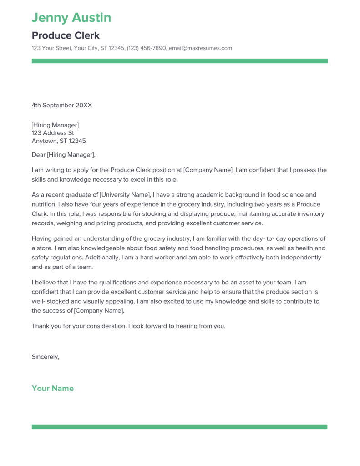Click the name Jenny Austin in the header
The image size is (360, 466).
click(x=71, y=18)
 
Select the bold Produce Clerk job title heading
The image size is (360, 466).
click(x=66, y=35)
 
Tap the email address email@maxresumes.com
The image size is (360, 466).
click(x=200, y=48)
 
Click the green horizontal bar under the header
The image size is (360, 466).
click(x=179, y=61)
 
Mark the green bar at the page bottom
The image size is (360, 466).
click(x=179, y=427)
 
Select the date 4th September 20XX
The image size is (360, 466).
click(x=61, y=105)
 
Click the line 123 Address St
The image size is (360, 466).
click(x=52, y=133)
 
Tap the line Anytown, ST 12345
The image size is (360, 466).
click(x=59, y=141)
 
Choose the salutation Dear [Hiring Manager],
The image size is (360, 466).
click(x=64, y=155)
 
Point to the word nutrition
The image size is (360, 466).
click(x=45, y=204)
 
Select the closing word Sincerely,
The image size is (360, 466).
click(x=46, y=357)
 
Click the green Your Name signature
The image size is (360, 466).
click(x=52, y=389)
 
